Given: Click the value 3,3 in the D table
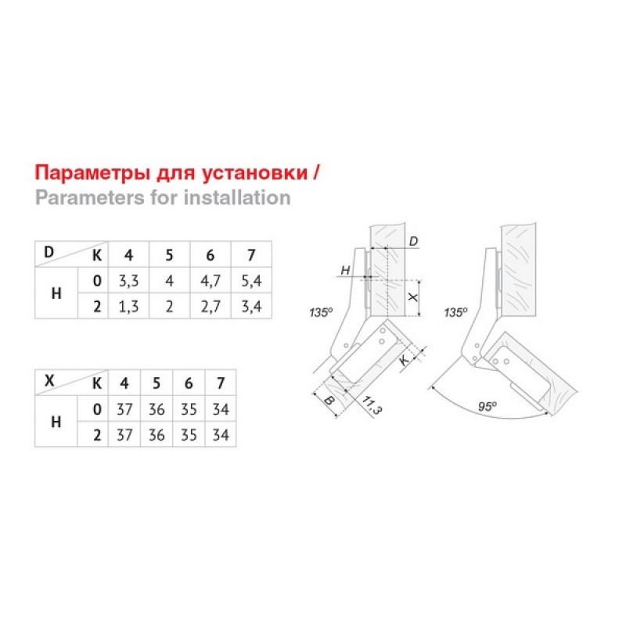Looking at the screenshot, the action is tap(128, 281).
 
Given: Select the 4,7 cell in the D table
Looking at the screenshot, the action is tap(210, 281).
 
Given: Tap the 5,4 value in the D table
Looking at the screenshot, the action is tap(251, 281).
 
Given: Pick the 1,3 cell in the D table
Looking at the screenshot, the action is tap(128, 307).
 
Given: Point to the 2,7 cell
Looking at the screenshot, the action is tap(210, 307).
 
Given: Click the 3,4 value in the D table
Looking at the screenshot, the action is tap(251, 307).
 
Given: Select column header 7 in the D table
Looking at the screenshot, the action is tap(251, 255).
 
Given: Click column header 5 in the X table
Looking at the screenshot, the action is tap(156, 383).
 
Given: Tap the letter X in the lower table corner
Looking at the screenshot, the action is tap(49, 380).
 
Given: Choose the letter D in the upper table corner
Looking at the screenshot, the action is tap(49, 252).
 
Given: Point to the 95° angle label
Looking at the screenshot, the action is tap(487, 406).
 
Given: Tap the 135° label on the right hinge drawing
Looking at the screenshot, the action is tap(455, 311).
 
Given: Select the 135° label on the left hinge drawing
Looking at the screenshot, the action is tap(321, 311).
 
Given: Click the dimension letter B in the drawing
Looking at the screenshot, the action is tap(329, 400).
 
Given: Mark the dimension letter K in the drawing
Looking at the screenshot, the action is tap(405, 360).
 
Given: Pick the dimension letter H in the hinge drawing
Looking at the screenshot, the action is tap(345, 271).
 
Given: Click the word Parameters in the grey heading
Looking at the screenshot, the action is tap(90, 198).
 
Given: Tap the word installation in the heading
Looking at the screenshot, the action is tap(237, 198).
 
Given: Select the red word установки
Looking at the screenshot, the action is tap(255, 174).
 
